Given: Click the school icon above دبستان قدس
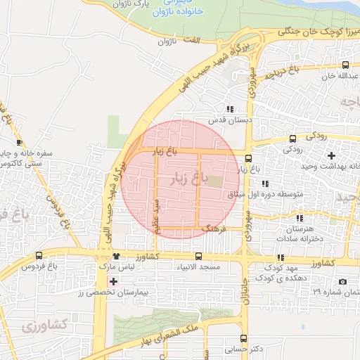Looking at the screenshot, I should [x=229, y=109].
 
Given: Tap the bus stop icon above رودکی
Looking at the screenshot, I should [x=292, y=139].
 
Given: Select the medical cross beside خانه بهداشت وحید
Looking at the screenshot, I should [x=331, y=155].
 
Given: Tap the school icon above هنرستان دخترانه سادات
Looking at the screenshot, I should [x=300, y=219].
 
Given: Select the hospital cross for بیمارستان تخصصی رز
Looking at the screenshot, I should [x=113, y=281].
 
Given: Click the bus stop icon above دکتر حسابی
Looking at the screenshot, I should [x=243, y=338].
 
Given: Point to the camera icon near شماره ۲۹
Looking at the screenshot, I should [x=342, y=281].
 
